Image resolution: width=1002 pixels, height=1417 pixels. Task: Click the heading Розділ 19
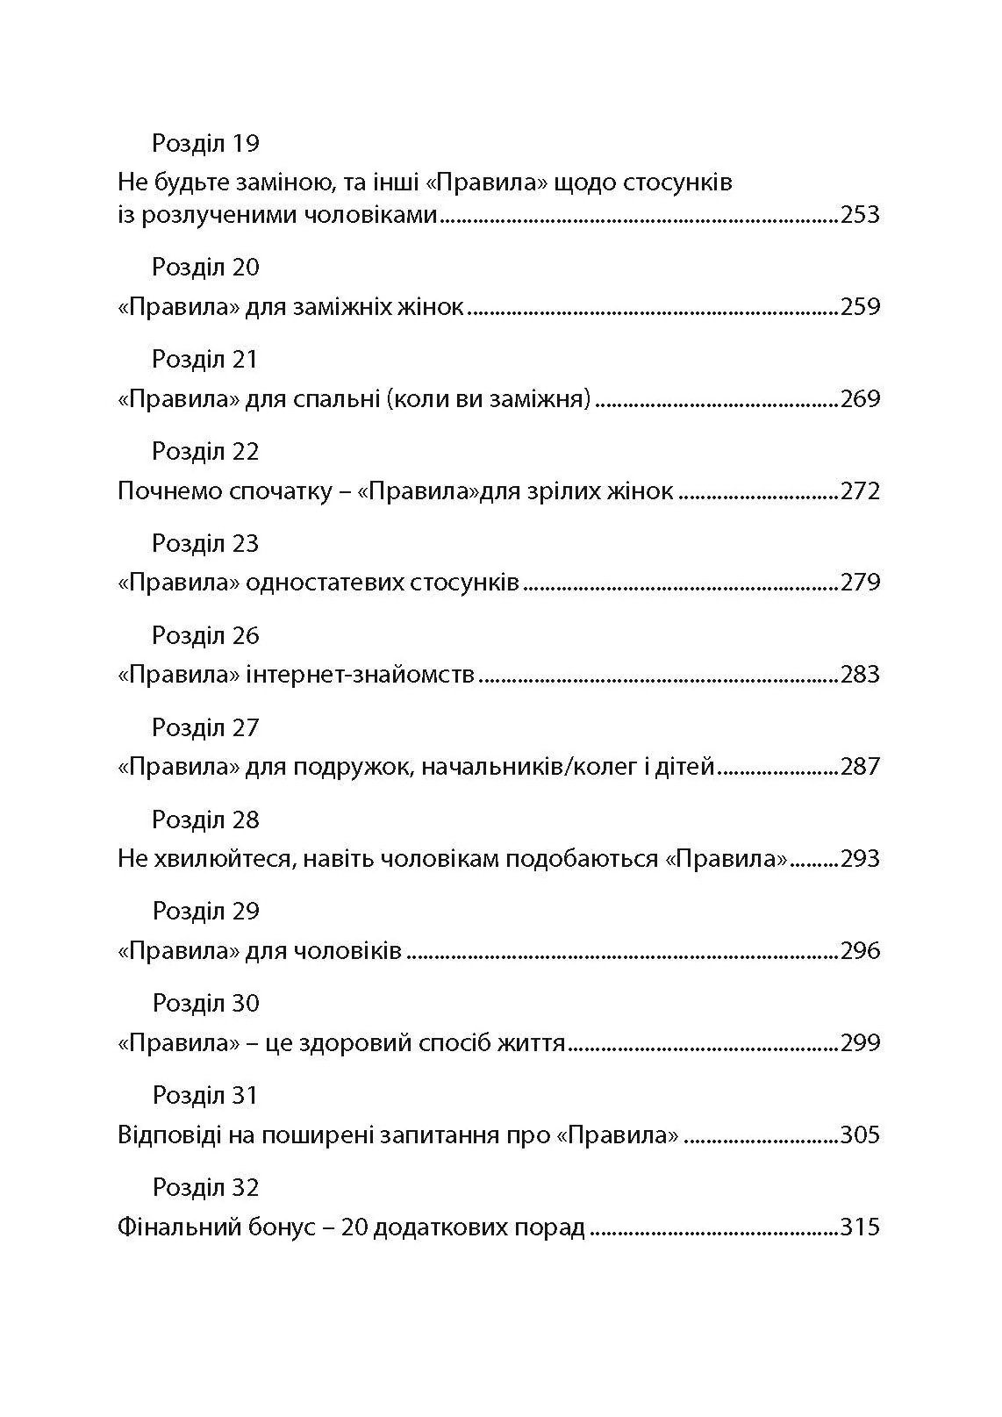[x=205, y=143]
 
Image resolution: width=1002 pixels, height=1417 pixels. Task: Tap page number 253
[x=859, y=215]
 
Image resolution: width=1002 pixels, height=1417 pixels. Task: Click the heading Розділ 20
[x=205, y=267]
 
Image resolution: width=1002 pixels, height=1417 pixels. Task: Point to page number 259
[x=859, y=307]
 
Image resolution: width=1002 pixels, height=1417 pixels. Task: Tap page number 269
[x=859, y=399]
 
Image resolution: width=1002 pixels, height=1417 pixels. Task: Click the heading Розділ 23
[x=205, y=543]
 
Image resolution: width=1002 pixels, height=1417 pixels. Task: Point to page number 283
[x=859, y=676]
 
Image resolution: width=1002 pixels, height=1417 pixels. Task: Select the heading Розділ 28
[x=205, y=819]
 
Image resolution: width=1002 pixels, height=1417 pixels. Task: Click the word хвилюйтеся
[x=219, y=859]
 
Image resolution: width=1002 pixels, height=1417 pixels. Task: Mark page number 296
[x=859, y=951]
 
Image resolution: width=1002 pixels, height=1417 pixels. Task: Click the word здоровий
[x=341, y=1043]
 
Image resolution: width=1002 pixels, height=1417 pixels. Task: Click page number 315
[x=859, y=1227]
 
